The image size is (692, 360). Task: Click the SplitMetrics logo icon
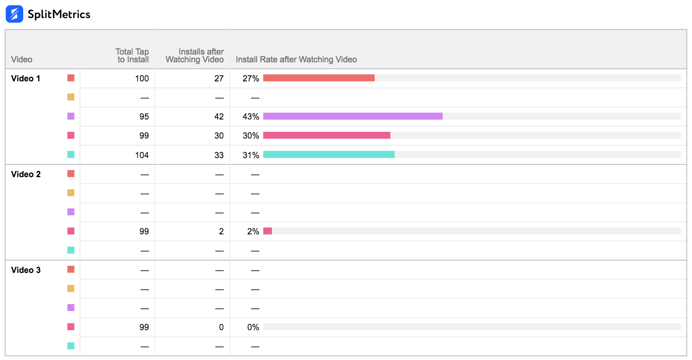point(14,14)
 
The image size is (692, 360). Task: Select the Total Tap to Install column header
point(132,56)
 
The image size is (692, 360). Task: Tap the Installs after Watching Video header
point(195,56)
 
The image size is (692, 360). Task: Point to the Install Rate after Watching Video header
point(296,60)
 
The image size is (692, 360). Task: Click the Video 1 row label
point(26,78)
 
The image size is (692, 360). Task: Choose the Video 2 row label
point(26,174)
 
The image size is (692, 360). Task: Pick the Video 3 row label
point(26,270)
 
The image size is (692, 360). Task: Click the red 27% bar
point(319,78)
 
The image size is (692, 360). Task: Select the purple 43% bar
point(353,116)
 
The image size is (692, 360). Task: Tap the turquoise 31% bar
point(329,155)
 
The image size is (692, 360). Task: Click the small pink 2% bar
point(267,231)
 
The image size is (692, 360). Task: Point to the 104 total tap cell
point(142,155)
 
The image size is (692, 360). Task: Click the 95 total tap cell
point(144,117)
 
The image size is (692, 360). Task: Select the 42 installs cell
point(219,117)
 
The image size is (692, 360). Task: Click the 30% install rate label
point(251,136)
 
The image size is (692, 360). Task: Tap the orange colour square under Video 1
point(71,97)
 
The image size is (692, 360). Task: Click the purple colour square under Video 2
point(71,212)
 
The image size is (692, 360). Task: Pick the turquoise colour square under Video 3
point(71,346)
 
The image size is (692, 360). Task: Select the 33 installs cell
point(219,155)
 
